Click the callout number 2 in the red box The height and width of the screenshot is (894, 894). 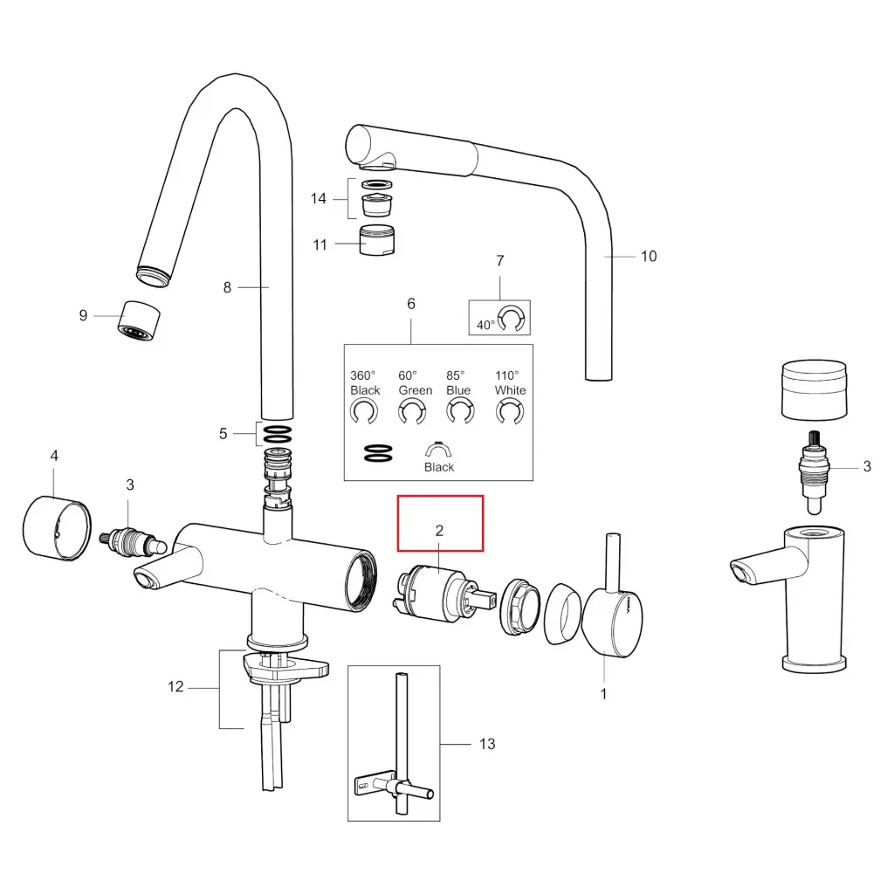click(439, 530)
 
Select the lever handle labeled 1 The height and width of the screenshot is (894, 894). click(617, 622)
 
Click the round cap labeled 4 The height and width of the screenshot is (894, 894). click(55, 526)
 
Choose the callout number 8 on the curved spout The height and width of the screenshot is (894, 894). click(227, 286)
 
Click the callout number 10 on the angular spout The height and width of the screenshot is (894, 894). click(649, 256)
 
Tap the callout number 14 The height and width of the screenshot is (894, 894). click(319, 199)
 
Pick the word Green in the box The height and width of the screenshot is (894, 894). click(415, 390)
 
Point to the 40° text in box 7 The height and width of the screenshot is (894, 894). click(485, 324)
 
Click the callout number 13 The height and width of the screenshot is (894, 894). click(487, 743)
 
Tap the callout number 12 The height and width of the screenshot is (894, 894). click(175, 687)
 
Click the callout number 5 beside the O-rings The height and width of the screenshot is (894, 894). click(223, 433)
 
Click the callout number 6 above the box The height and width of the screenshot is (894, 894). click(411, 304)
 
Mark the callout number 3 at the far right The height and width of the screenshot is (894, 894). click(866, 466)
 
